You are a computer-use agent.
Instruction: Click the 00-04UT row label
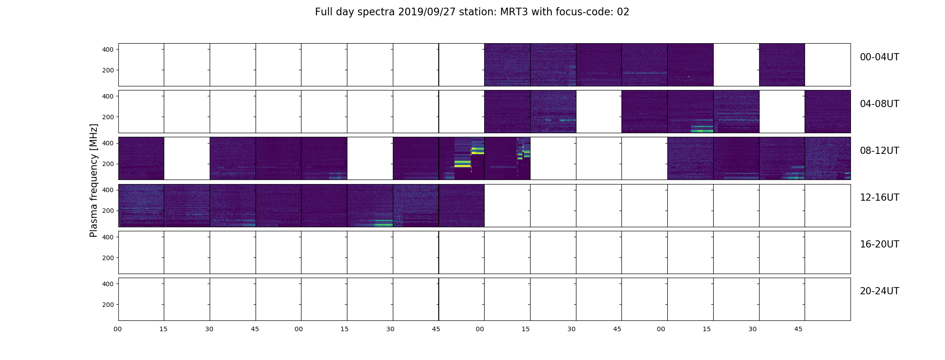coord(879,57)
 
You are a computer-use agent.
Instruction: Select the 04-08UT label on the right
coord(879,104)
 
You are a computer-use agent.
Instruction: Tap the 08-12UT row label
coord(879,151)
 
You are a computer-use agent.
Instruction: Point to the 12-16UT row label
coord(879,198)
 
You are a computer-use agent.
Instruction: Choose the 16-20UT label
coord(879,244)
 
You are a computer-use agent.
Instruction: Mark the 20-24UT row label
coord(879,291)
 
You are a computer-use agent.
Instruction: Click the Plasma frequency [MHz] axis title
coord(94,180)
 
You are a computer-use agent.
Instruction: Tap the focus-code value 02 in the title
coord(623,12)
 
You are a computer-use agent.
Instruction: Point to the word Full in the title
coord(324,12)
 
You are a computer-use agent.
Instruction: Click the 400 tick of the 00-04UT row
coord(108,49)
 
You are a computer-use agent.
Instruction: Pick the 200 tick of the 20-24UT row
coord(108,305)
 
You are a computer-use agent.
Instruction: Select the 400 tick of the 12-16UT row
coord(108,190)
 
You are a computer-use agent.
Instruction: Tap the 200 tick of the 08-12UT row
coord(108,164)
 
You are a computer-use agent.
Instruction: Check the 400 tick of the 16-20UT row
coord(108,237)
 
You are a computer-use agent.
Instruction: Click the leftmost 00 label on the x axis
coord(118,329)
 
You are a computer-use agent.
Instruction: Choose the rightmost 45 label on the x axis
coord(798,329)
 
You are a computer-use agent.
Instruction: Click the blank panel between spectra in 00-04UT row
coord(736,65)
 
